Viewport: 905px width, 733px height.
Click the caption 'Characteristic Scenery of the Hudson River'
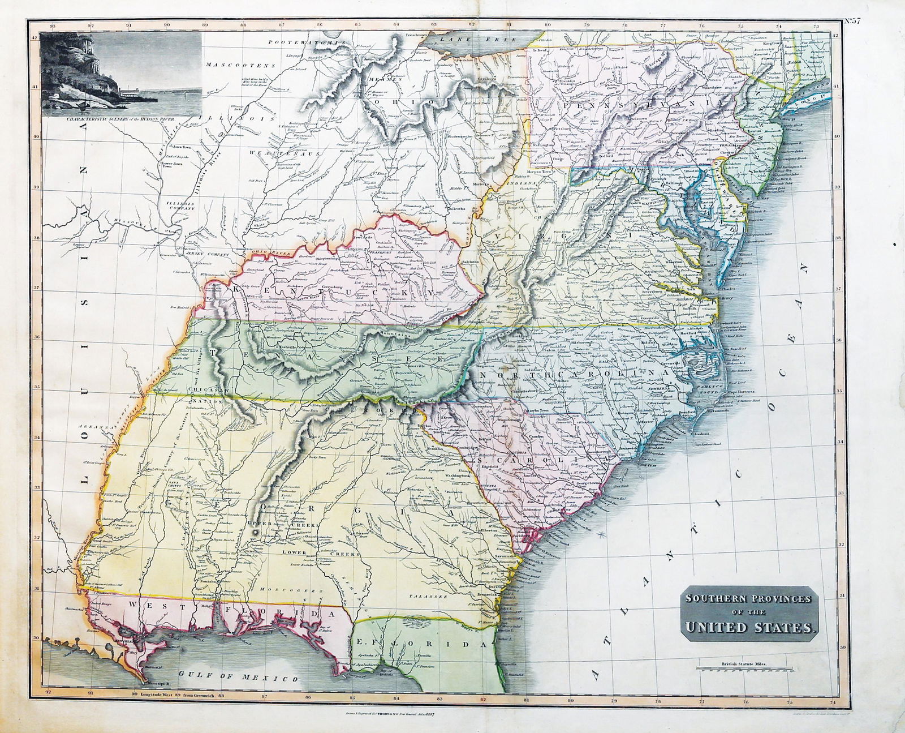coord(120,119)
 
